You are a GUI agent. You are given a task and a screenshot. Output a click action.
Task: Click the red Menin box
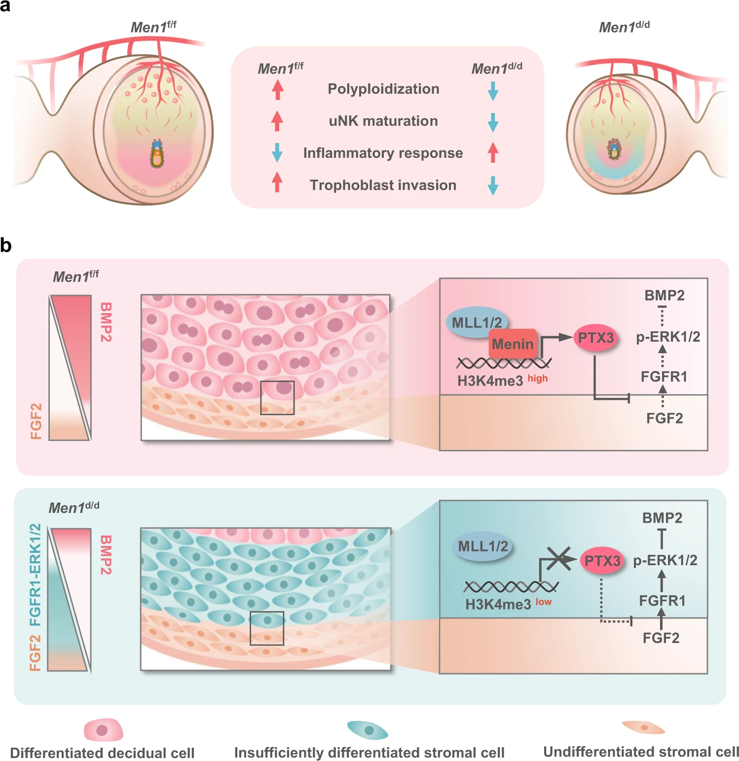pos(513,343)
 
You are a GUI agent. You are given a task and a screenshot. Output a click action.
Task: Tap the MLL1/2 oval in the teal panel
pos(482,546)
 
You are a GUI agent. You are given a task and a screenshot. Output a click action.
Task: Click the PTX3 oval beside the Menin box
pos(596,338)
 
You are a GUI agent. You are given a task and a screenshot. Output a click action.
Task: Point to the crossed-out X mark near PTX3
pos(558,558)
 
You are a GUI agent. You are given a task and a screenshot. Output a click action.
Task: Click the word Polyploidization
pos(383,89)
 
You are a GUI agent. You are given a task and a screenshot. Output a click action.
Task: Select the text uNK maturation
pos(383,121)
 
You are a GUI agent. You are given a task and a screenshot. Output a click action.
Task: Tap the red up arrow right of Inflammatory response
pos(493,152)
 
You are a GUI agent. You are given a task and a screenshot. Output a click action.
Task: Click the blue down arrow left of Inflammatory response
pos(277,152)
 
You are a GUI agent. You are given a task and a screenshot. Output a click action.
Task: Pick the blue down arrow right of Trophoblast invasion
pos(493,185)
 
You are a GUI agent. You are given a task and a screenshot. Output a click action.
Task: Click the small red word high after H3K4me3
pos(538,378)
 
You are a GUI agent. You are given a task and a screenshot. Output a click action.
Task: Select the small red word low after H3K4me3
pos(544,602)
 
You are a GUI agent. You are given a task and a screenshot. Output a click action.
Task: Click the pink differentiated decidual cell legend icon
pos(103,730)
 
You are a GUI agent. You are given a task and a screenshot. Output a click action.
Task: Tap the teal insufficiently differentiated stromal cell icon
pos(368,730)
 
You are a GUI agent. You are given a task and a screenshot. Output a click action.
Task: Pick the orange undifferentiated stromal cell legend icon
pos(643,727)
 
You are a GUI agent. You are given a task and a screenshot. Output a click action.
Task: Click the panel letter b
pos(6,245)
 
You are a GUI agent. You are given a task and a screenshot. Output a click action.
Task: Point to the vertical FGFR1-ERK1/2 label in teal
pos(36,575)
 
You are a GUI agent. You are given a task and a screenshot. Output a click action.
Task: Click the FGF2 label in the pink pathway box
pos(665,418)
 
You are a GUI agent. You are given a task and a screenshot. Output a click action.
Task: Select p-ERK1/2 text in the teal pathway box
pos(665,560)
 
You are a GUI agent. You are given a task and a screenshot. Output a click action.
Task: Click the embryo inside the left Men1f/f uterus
pos(157,154)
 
